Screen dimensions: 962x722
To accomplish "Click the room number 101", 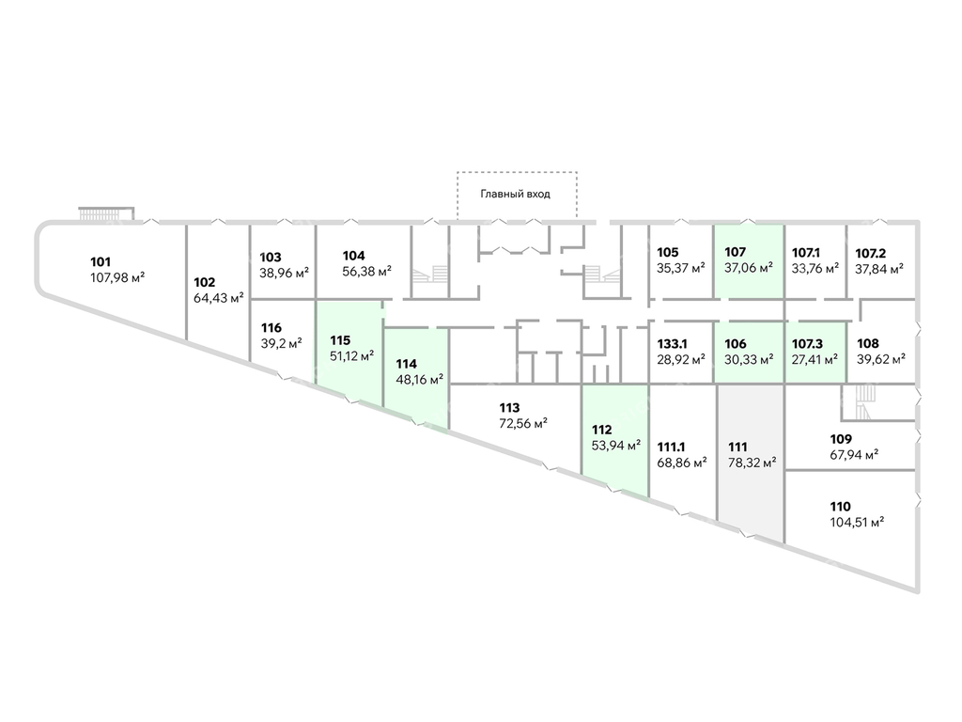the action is (101, 262).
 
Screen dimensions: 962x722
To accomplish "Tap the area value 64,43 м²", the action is (218, 298).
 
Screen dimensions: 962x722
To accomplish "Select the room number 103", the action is (270, 258).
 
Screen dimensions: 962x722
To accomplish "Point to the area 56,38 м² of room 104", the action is (367, 272).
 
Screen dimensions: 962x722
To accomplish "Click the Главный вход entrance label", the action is (516, 194).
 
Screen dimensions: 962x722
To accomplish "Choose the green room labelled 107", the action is (749, 262).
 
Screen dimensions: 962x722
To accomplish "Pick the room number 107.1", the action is (805, 253).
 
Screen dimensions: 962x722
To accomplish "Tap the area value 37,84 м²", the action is (879, 269).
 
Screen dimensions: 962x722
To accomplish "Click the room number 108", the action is (867, 344).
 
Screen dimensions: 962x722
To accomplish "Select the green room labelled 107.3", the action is (816, 353).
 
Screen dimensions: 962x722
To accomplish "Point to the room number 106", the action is (735, 344).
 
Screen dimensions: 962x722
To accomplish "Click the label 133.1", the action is (672, 344).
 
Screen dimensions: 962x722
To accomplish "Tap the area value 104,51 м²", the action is (857, 523).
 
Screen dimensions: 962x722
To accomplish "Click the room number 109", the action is (841, 440).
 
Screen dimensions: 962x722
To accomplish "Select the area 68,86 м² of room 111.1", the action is (682, 463).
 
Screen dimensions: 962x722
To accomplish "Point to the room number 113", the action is (509, 408).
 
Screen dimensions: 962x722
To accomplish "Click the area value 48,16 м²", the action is (420, 380).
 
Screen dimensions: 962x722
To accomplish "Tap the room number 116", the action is (271, 328).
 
